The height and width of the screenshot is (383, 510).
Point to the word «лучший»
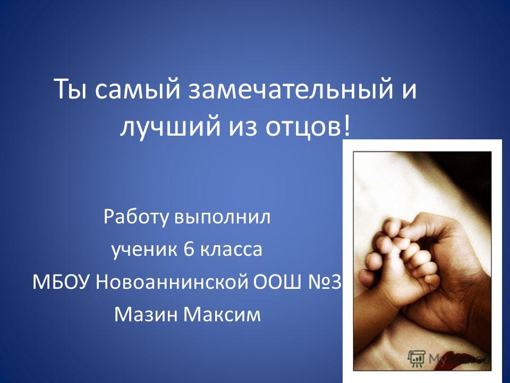point(169,126)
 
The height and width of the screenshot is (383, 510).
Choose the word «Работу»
point(137,217)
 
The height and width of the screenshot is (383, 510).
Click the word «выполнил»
point(223,217)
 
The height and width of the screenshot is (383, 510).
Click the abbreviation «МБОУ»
point(61,282)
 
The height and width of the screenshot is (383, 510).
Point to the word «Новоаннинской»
point(172,282)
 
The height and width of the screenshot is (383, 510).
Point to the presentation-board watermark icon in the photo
point(416,358)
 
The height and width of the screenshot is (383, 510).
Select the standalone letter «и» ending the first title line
point(410,91)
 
